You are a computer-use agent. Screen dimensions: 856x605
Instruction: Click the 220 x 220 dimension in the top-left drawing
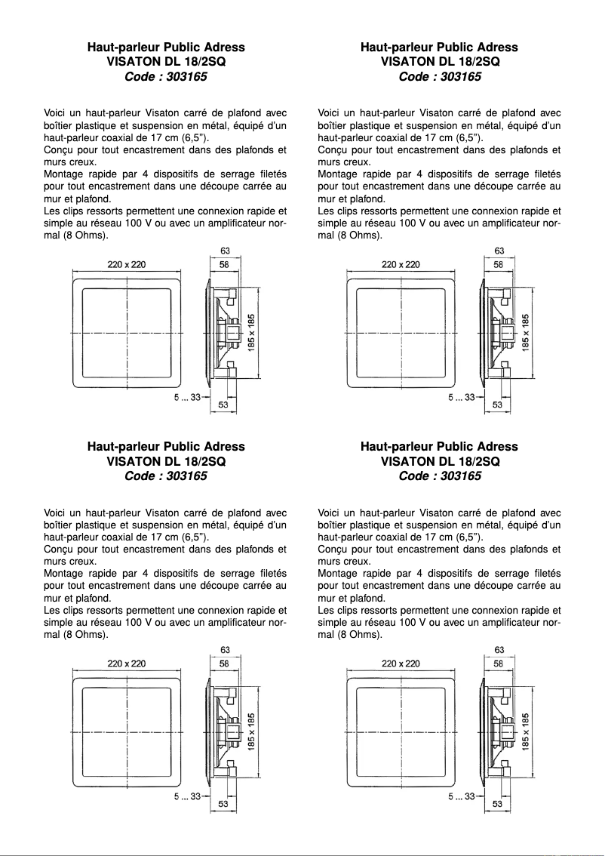(x=127, y=264)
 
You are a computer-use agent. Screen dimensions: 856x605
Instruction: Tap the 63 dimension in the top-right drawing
(x=499, y=251)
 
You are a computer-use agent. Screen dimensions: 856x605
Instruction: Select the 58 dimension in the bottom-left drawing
(x=225, y=663)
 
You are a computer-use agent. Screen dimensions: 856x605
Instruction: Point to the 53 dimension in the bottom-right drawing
(x=498, y=804)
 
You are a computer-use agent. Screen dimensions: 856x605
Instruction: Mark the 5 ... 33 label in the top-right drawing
(x=461, y=397)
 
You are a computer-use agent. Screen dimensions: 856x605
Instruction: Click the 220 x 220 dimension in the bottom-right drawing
(x=401, y=663)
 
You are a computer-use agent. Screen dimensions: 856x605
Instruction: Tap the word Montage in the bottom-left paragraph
(x=63, y=573)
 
